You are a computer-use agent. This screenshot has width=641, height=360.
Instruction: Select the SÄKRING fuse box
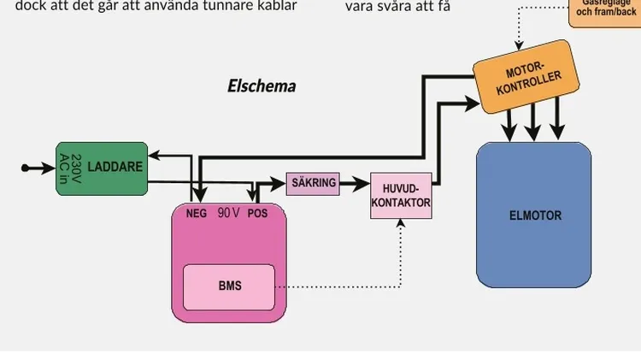(x=313, y=183)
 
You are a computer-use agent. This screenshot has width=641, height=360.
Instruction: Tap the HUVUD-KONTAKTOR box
(x=401, y=196)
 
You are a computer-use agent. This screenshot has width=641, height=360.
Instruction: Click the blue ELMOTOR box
(x=534, y=215)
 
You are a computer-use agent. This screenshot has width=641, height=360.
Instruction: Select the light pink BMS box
(x=229, y=286)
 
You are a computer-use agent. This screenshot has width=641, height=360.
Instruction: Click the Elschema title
(x=262, y=86)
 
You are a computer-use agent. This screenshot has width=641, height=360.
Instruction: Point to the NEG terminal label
(x=197, y=214)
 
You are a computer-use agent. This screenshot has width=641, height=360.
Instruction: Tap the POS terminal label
(x=257, y=214)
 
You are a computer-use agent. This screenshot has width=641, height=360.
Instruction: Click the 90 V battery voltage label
(x=227, y=213)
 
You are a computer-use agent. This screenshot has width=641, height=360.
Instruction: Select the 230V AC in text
(x=71, y=168)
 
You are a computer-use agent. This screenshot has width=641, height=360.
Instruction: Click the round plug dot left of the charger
(x=26, y=168)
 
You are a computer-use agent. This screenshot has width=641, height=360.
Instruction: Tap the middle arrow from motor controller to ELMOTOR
(x=533, y=131)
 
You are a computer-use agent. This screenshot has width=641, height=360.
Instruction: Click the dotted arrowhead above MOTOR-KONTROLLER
(x=517, y=44)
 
